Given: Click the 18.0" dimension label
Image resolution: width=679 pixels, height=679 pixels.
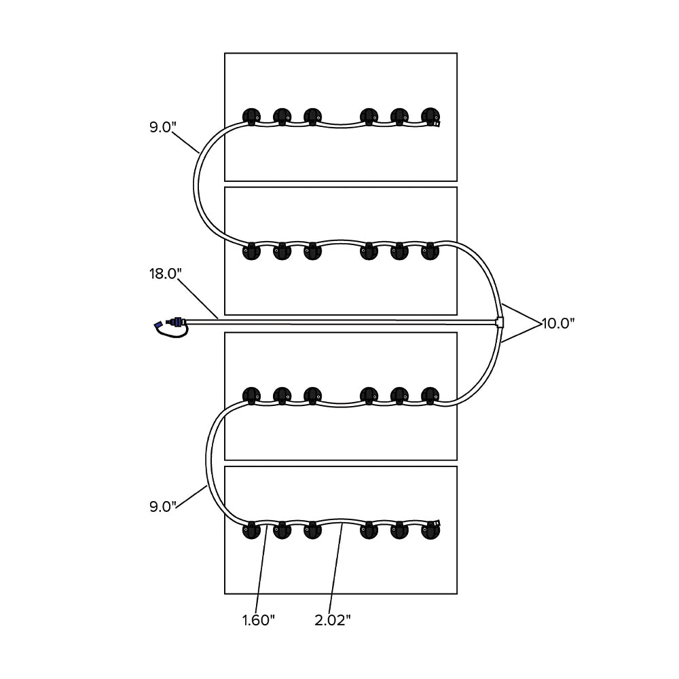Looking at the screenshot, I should click(166, 274).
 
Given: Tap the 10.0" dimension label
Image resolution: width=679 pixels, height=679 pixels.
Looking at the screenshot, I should click(557, 323).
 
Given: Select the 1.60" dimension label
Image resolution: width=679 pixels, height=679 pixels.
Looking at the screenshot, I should click(258, 620).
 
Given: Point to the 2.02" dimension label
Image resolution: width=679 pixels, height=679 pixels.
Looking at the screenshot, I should click(333, 620).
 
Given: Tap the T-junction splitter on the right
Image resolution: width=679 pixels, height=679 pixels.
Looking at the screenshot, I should click(500, 322).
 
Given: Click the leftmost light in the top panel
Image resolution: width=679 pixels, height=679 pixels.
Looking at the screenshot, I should click(251, 116).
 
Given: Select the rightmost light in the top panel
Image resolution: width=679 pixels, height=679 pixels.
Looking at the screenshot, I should click(430, 116).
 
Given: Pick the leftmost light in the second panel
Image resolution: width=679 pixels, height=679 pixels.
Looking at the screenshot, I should click(251, 252).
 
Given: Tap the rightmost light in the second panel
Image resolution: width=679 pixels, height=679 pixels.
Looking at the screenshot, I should click(430, 252).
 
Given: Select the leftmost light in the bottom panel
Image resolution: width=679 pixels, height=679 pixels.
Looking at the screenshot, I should click(251, 530).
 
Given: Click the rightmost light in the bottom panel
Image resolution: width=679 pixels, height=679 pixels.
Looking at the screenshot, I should click(430, 530).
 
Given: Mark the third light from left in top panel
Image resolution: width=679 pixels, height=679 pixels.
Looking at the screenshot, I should click(312, 116).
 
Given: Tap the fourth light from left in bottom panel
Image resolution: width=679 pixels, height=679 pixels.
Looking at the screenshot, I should click(369, 530).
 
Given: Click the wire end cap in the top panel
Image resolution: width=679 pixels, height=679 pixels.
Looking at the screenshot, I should click(437, 124).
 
